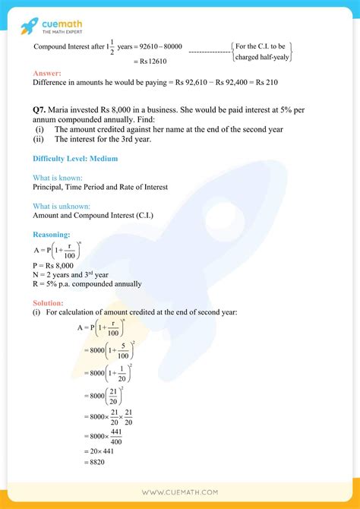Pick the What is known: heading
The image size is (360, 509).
(x=58, y=177)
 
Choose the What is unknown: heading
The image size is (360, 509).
(x=62, y=206)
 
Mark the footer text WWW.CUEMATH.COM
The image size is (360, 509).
(x=180, y=493)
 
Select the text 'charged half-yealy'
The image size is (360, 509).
(x=261, y=56)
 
